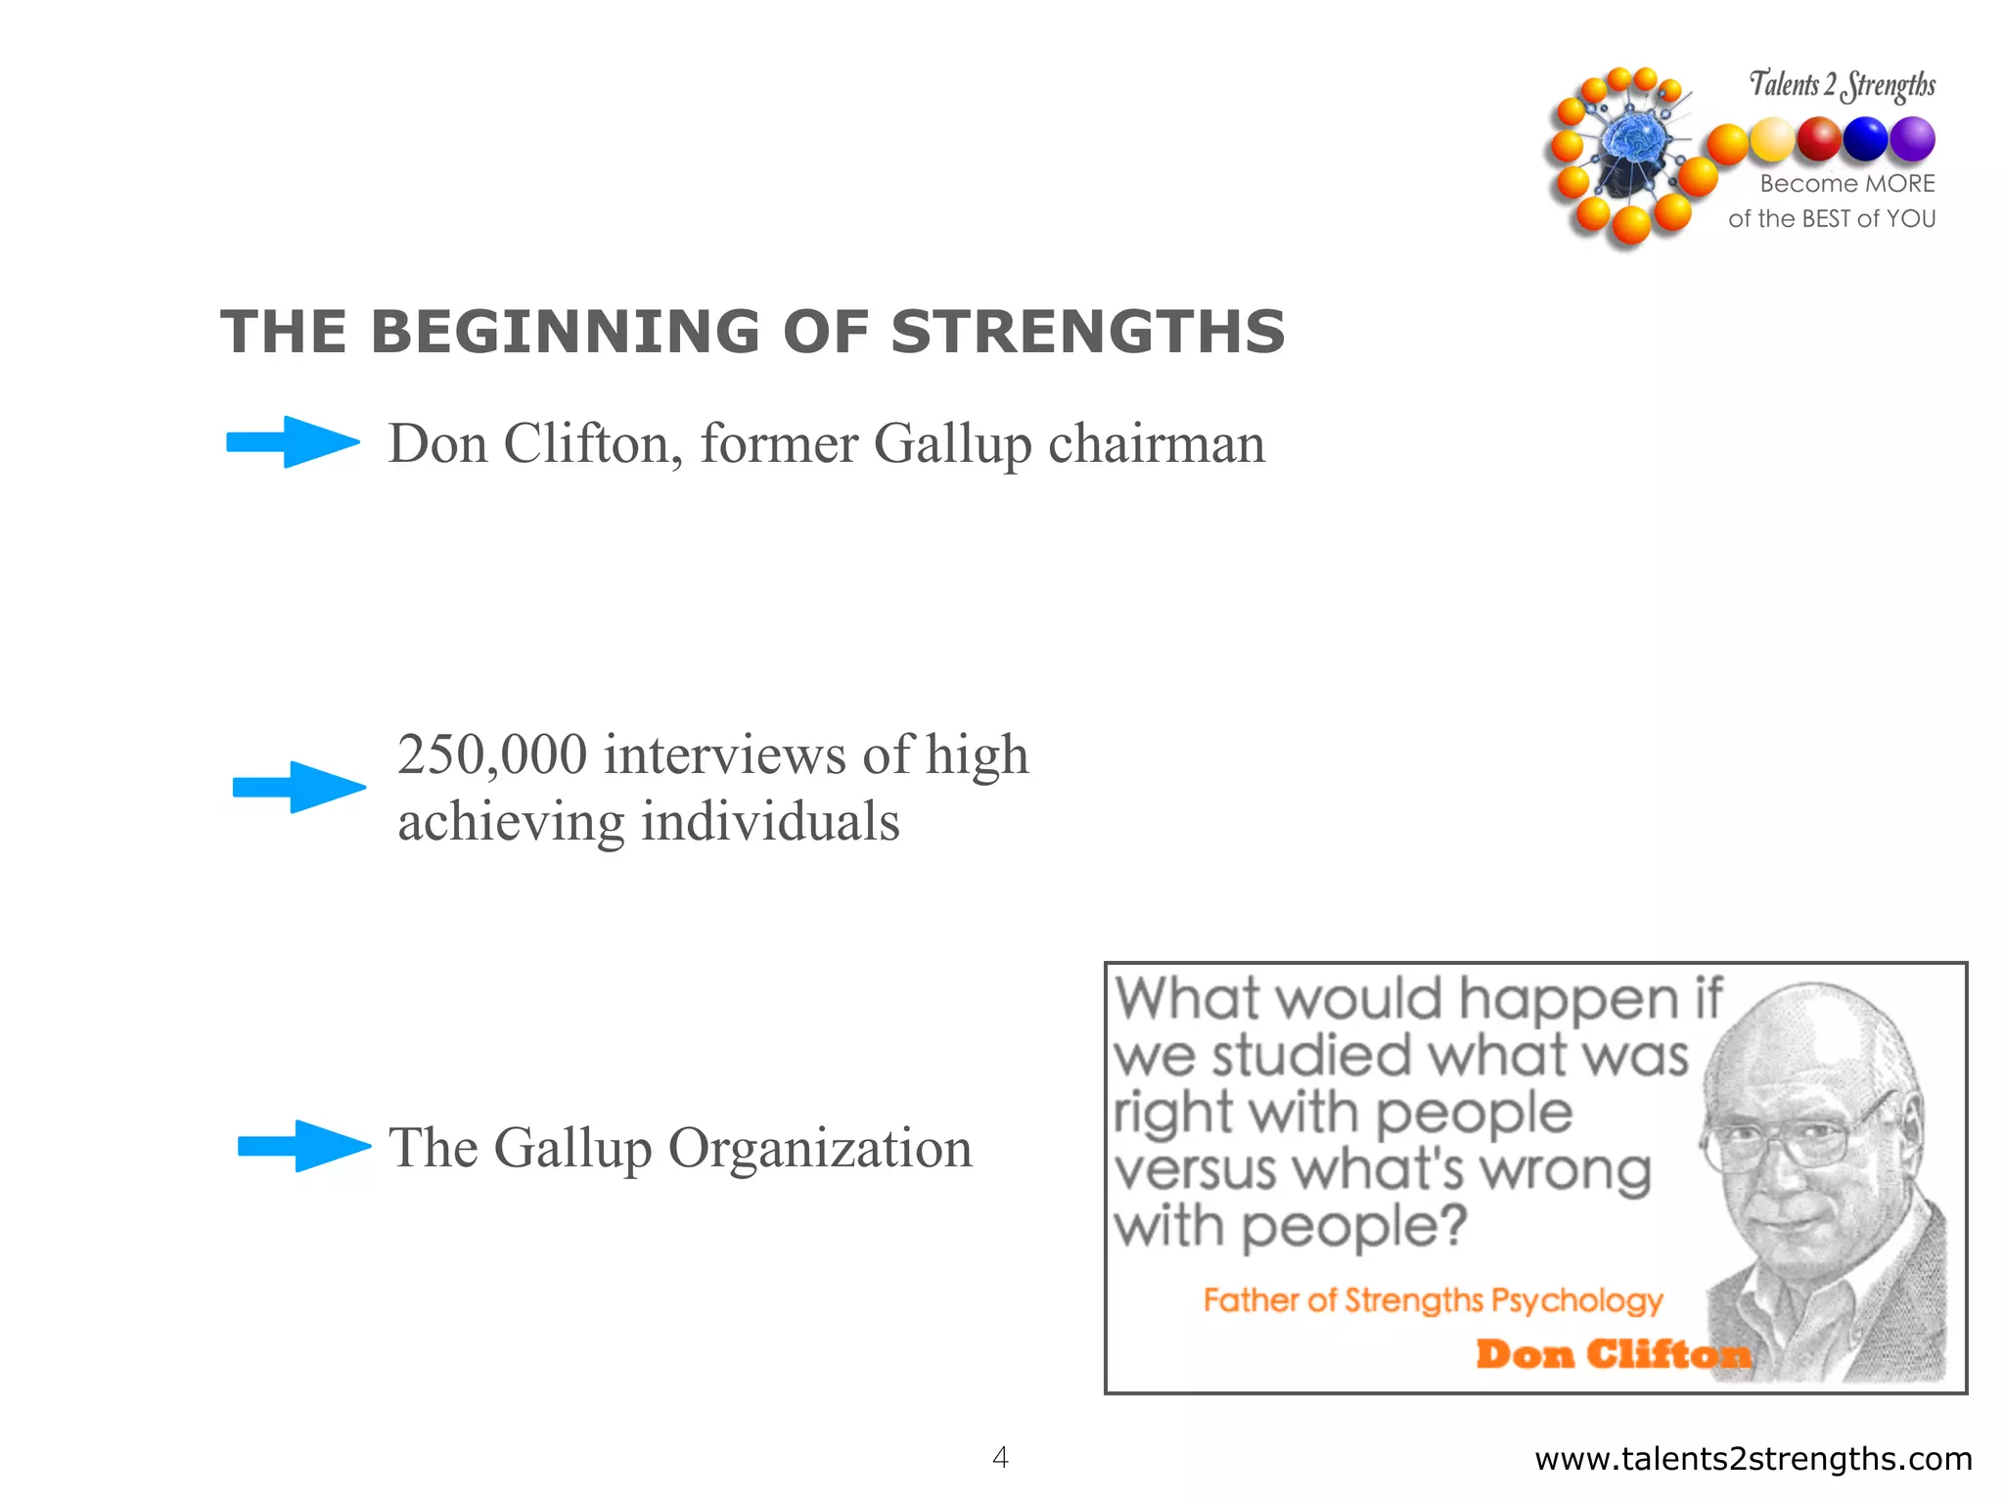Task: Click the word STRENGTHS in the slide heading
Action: pyautogui.click(x=1087, y=332)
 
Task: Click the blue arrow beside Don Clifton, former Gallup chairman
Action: pyautogui.click(x=292, y=442)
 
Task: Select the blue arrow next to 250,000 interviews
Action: pyautogui.click(x=298, y=787)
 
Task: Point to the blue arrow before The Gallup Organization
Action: pyautogui.click(x=303, y=1146)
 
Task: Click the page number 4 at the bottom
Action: pyautogui.click(x=999, y=1457)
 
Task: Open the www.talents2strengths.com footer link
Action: pyautogui.click(x=1753, y=1459)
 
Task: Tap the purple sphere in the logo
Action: pyautogui.click(x=1911, y=139)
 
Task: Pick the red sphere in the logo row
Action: pyautogui.click(x=1818, y=139)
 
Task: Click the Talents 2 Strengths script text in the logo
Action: pyautogui.click(x=1842, y=85)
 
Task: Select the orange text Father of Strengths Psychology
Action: pyautogui.click(x=1433, y=1300)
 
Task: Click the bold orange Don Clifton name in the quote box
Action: pyautogui.click(x=1612, y=1354)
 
